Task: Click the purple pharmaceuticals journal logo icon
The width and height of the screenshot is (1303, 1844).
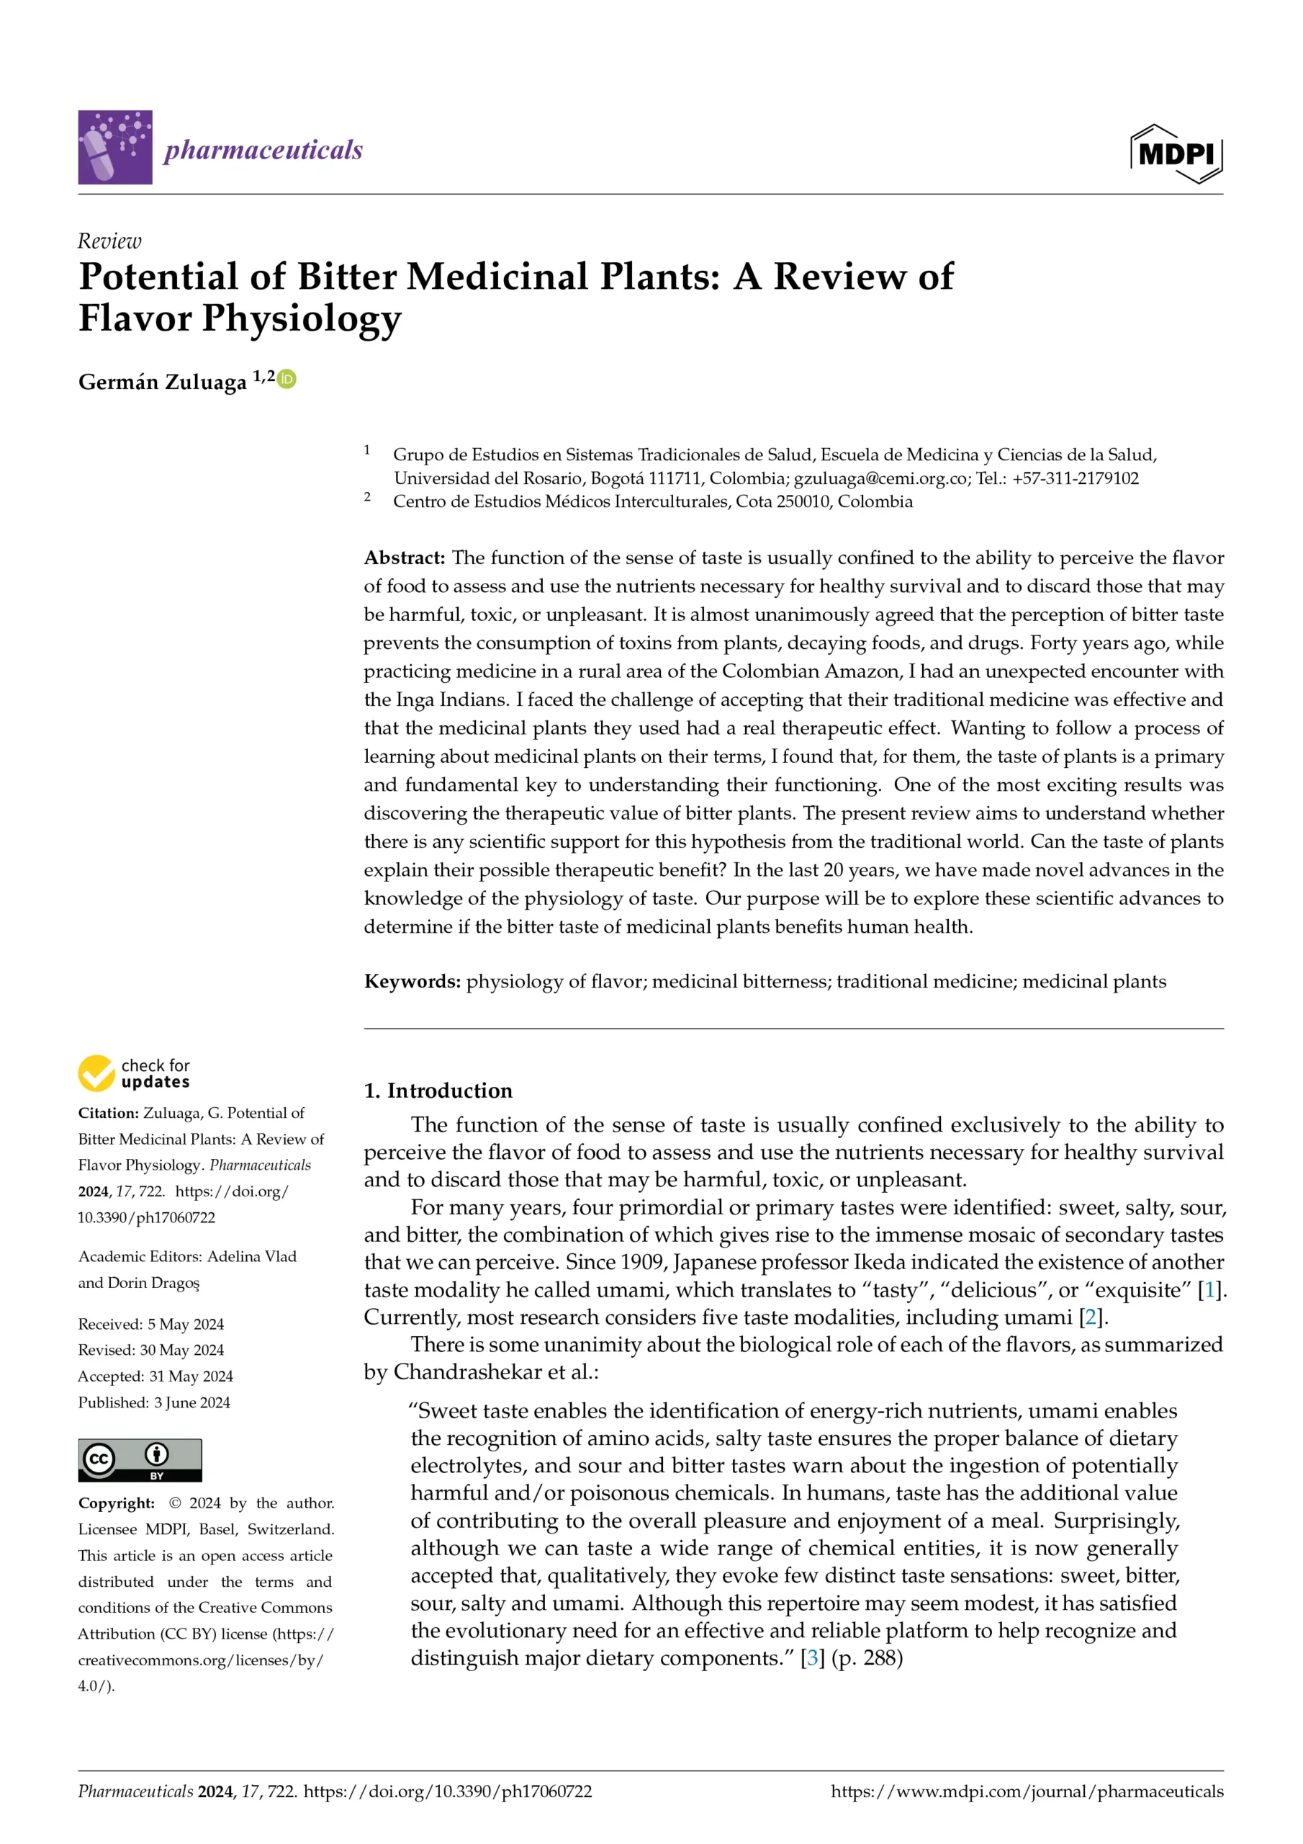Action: pyautogui.click(x=114, y=148)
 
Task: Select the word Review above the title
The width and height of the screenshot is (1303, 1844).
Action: pyautogui.click(x=109, y=241)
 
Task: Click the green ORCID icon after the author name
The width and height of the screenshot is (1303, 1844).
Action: pyautogui.click(x=287, y=379)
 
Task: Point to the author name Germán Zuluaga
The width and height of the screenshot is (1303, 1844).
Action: pyautogui.click(x=162, y=382)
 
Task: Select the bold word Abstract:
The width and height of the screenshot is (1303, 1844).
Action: pyautogui.click(x=405, y=558)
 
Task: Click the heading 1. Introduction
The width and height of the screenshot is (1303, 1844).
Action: pyautogui.click(x=438, y=1090)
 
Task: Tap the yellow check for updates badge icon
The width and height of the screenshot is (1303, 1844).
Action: pyautogui.click(x=96, y=1073)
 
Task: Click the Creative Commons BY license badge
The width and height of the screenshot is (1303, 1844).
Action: pyautogui.click(x=140, y=1459)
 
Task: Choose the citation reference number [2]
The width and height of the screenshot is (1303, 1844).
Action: pyautogui.click(x=1090, y=1318)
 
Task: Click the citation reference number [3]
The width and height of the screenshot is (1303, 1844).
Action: pyautogui.click(x=813, y=1657)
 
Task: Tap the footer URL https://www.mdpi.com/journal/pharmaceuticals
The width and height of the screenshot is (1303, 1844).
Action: pyautogui.click(x=1027, y=1791)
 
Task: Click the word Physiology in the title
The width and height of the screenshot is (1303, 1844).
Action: pyautogui.click(x=301, y=318)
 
